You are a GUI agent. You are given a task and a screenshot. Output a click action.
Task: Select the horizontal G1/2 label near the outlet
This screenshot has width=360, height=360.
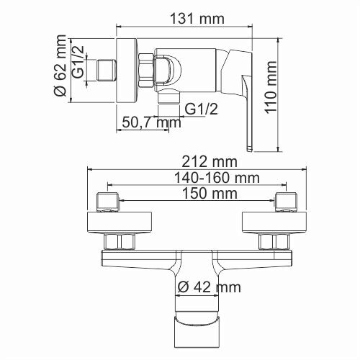201,109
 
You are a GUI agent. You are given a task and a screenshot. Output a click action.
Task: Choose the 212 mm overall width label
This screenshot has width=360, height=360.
192,162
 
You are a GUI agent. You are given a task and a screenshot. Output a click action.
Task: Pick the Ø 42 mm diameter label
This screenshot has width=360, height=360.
209,287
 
